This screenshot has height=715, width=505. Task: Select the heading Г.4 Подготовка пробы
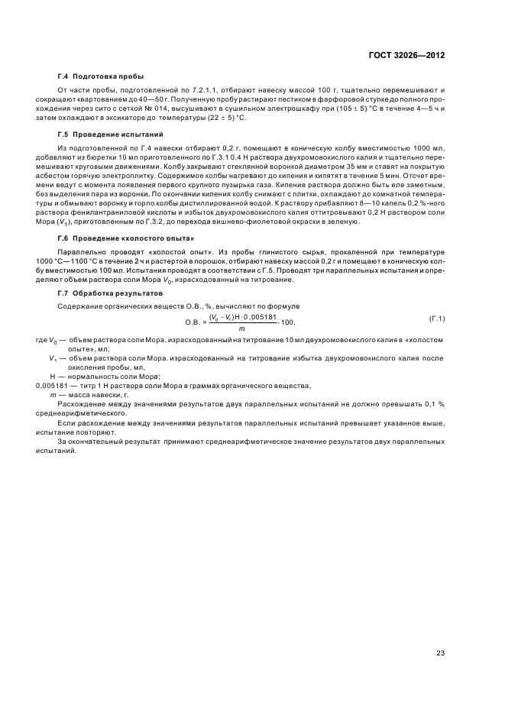(100, 77)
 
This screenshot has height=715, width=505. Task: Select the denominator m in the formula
(243, 328)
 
